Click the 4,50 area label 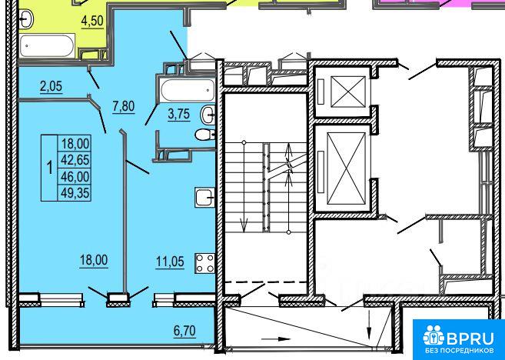92,22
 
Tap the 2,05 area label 51,86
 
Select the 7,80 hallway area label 123,106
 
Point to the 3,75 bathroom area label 179,114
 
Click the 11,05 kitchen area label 170,262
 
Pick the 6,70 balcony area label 184,331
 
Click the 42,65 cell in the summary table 74,159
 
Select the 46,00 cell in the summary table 74,176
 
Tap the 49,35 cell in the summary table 74,193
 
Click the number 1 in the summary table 50,168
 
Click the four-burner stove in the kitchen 204,263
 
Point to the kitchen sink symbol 204,198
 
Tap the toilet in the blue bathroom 205,135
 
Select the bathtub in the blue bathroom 188,91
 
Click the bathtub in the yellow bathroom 47,45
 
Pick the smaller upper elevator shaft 342,92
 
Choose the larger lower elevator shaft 342,168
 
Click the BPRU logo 459,340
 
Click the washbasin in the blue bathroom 208,115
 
